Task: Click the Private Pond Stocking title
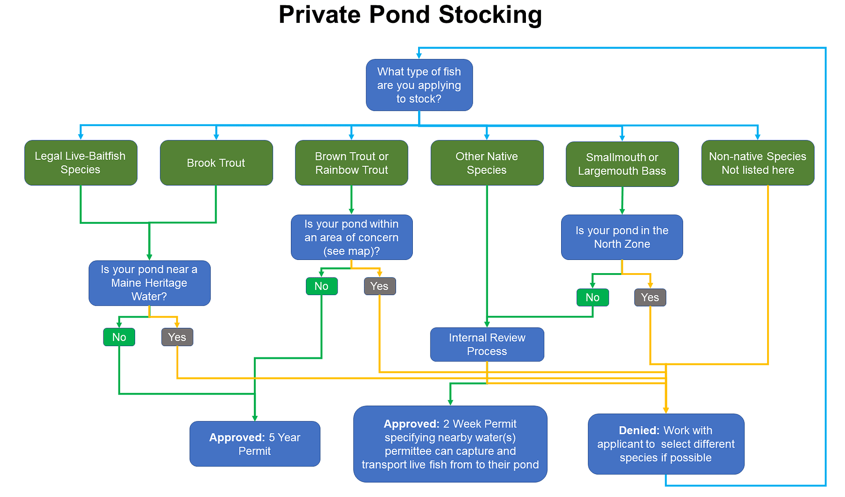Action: tap(410, 15)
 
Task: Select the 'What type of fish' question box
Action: tap(419, 85)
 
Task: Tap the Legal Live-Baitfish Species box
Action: tap(81, 163)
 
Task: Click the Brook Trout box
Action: tap(216, 163)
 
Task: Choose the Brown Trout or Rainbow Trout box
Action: tap(351, 163)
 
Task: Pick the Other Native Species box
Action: tap(487, 163)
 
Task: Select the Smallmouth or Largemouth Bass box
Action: tap(622, 164)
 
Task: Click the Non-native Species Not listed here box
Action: tap(757, 163)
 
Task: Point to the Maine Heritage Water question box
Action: tap(149, 283)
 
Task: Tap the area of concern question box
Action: tap(351, 237)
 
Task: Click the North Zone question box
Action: tap(622, 237)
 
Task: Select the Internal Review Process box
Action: tap(487, 344)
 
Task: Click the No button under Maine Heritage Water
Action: tap(119, 337)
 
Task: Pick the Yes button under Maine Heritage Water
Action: tap(177, 337)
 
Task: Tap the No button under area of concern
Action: tap(321, 286)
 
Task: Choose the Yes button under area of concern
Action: tap(379, 286)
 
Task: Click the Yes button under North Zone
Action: tap(650, 298)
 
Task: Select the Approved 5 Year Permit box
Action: tap(254, 444)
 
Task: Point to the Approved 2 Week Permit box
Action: tap(450, 444)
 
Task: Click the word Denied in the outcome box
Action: tap(639, 431)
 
